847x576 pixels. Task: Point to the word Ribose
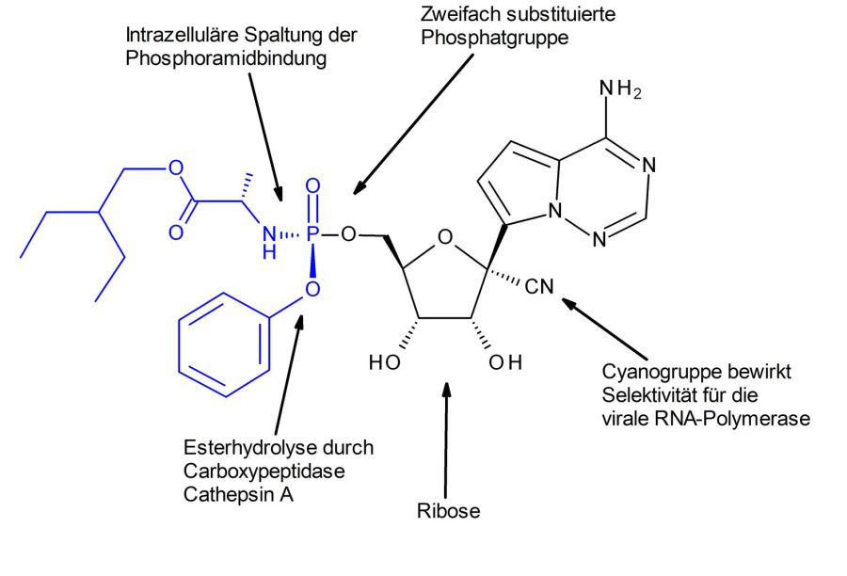tap(448, 511)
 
